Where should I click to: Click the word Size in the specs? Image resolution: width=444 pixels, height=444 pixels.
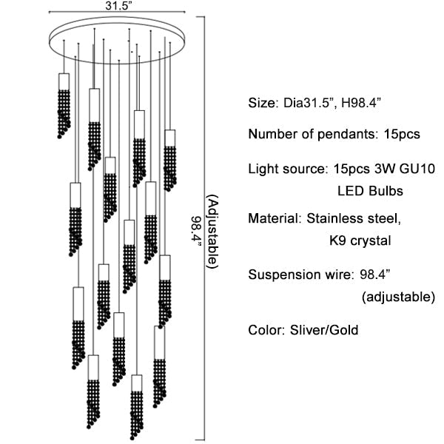(x=261, y=102)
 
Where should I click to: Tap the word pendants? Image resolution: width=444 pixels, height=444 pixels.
(x=350, y=134)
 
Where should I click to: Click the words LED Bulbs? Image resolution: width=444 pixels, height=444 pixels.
(x=369, y=191)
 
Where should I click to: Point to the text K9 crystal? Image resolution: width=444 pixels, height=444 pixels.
(x=360, y=241)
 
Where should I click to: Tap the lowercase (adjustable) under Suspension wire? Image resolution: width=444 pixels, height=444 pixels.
(x=398, y=297)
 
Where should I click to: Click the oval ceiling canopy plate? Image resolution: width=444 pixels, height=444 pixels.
(x=118, y=40)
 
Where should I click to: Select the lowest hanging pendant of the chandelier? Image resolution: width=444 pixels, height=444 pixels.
(x=136, y=407)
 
